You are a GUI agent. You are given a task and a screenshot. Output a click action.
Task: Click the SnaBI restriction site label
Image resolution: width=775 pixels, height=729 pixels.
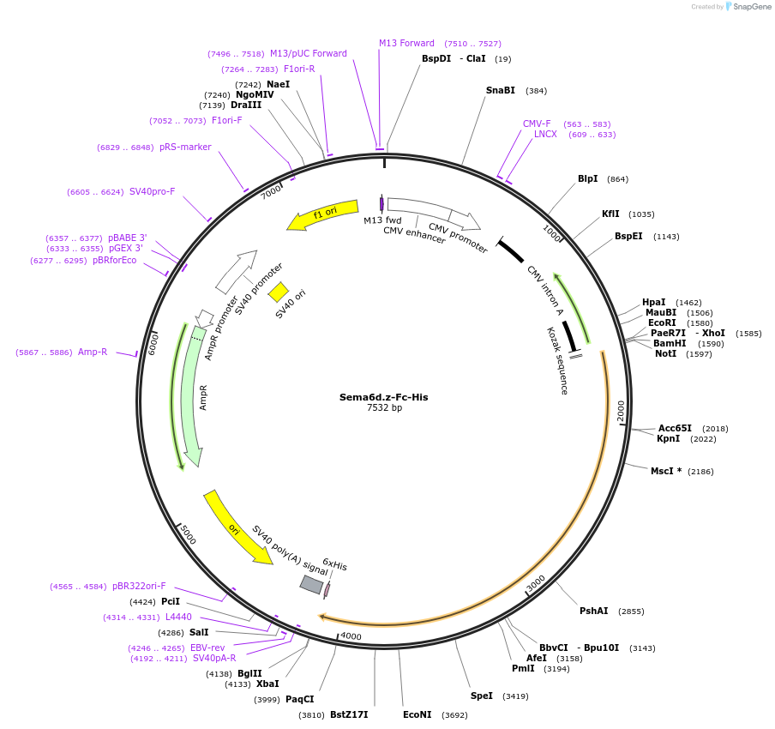pyautogui.click(x=501, y=90)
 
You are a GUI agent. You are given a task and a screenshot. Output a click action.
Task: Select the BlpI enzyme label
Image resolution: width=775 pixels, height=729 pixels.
pyautogui.click(x=588, y=178)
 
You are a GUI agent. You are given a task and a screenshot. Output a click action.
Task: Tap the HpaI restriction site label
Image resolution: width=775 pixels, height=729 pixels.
pyautogui.click(x=654, y=302)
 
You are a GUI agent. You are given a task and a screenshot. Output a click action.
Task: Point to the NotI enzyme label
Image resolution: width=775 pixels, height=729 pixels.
pyautogui.click(x=665, y=353)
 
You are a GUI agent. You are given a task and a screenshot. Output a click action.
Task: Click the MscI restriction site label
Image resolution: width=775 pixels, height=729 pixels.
pyautogui.click(x=665, y=471)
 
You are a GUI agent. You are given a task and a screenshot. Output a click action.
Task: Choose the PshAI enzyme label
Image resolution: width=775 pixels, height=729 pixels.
pyautogui.click(x=594, y=611)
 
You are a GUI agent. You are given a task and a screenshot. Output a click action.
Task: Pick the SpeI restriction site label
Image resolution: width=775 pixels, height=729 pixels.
pyautogui.click(x=482, y=696)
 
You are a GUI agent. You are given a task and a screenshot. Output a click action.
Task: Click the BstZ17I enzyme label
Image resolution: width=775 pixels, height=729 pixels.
pyautogui.click(x=349, y=714)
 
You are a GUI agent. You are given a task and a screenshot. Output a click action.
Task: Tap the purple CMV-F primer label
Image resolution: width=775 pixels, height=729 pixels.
pyautogui.click(x=537, y=124)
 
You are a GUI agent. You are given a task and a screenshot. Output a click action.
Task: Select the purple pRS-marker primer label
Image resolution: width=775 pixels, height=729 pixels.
pyautogui.click(x=185, y=147)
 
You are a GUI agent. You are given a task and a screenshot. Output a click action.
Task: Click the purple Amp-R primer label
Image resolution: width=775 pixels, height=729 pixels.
pyautogui.click(x=93, y=352)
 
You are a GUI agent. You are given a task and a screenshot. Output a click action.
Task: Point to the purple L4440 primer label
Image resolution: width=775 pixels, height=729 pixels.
pyautogui.click(x=178, y=617)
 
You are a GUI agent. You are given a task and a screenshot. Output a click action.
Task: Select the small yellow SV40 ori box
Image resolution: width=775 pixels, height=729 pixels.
pyautogui.click(x=279, y=292)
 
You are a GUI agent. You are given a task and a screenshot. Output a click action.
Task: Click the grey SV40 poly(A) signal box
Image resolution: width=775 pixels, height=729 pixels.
pyautogui.click(x=311, y=584)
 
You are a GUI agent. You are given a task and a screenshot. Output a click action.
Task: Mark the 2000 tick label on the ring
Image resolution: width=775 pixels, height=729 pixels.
pyautogui.click(x=622, y=411)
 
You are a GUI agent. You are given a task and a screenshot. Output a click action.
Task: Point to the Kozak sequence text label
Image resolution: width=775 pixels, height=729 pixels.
pyautogui.click(x=557, y=360)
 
